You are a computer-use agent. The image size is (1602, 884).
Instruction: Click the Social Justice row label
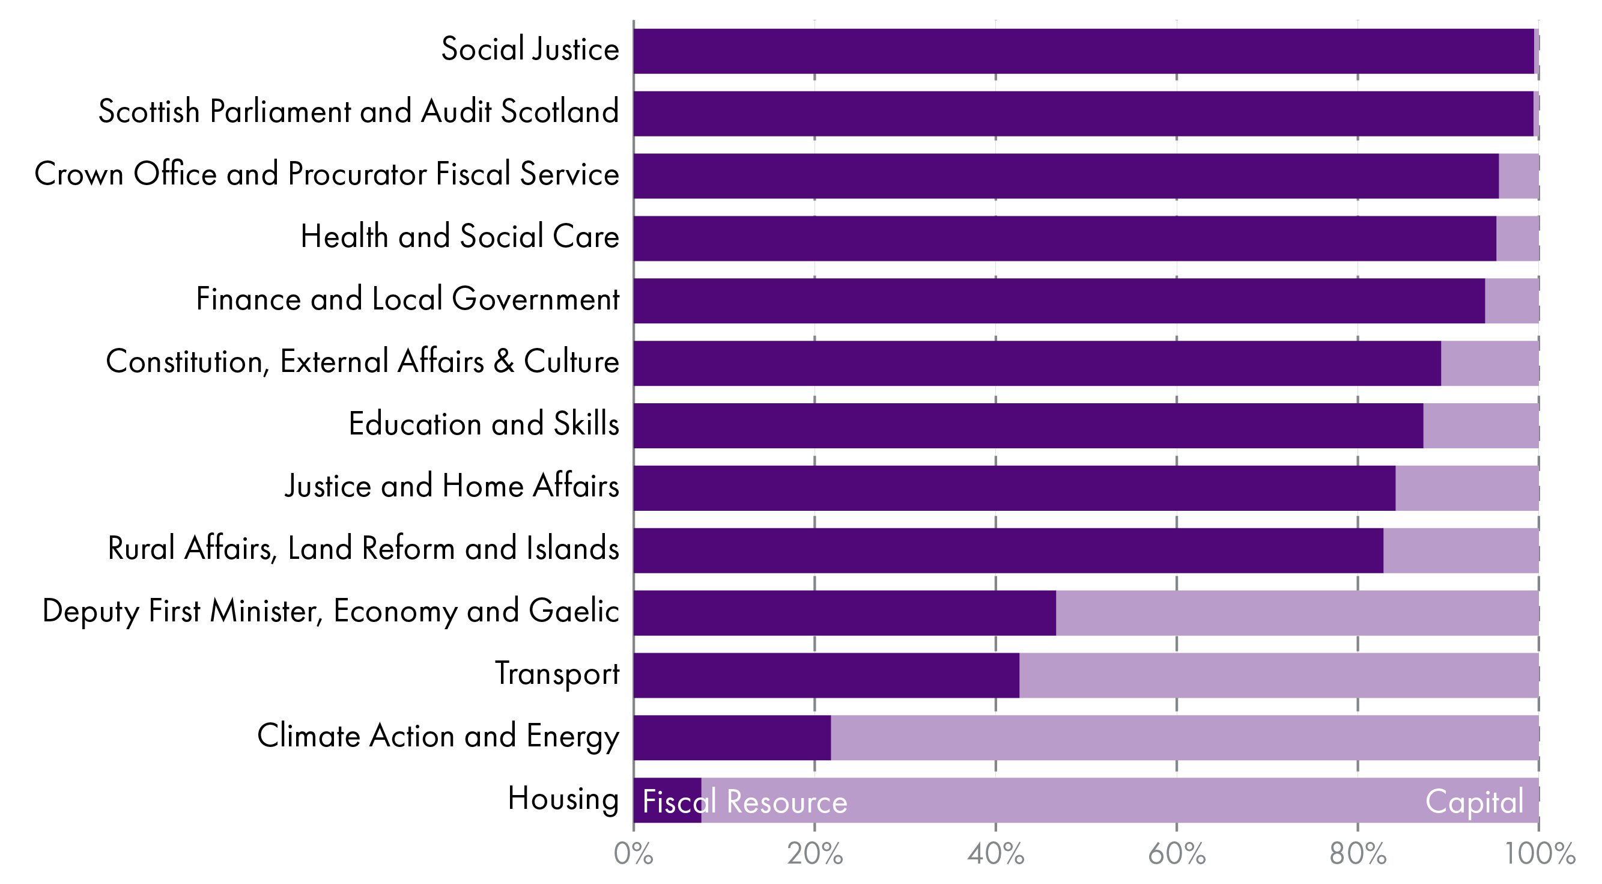pyautogui.click(x=530, y=49)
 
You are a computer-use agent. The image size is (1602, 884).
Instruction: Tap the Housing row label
pyautogui.click(x=563, y=798)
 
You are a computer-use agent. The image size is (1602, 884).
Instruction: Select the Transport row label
pyautogui.click(x=557, y=674)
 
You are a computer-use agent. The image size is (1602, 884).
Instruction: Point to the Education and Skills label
pyautogui.click(x=483, y=424)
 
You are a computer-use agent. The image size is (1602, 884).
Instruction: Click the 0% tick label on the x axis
pyautogui.click(x=633, y=855)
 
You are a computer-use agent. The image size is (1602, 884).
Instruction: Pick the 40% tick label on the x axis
pyautogui.click(x=995, y=855)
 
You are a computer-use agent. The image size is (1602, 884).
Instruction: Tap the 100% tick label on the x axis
pyautogui.click(x=1538, y=855)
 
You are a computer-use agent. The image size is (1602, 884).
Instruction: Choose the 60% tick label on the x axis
pyautogui.click(x=1176, y=855)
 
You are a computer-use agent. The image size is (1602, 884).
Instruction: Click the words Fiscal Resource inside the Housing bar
pyautogui.click(x=744, y=802)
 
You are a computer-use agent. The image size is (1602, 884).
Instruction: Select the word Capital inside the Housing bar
pyautogui.click(x=1474, y=802)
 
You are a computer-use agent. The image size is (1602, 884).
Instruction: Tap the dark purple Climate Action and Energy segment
pyautogui.click(x=732, y=737)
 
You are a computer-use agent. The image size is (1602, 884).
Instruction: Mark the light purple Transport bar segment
pyautogui.click(x=1278, y=675)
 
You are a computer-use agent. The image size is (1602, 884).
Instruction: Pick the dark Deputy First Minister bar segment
pyautogui.click(x=844, y=613)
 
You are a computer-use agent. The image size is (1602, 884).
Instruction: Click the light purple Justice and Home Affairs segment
pyautogui.click(x=1466, y=488)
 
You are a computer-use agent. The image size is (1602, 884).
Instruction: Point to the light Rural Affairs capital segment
pyautogui.click(x=1460, y=550)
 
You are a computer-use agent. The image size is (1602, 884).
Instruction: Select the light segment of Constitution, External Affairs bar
pyautogui.click(x=1490, y=364)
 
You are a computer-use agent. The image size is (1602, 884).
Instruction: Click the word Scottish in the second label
pyautogui.click(x=148, y=112)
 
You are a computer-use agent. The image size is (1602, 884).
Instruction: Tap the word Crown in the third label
pyautogui.click(x=78, y=174)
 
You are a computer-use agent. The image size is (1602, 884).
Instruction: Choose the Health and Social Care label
pyautogui.click(x=460, y=237)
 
